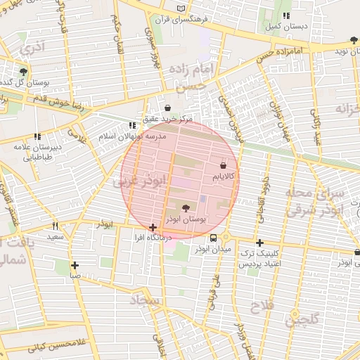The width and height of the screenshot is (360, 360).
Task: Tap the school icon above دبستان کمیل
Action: (285, 15)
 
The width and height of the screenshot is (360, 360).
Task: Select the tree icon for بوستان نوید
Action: (353, 41)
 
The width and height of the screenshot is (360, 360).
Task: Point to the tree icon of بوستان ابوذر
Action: (186, 208)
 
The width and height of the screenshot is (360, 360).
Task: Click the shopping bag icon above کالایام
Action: (224, 167)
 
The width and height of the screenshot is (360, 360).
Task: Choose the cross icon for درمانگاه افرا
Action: (153, 227)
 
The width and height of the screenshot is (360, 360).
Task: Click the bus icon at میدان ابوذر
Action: (214, 237)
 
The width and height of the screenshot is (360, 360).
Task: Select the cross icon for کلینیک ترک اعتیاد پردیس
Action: (259, 242)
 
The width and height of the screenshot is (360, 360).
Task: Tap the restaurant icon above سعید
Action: (56, 226)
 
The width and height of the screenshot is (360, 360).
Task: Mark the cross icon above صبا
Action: (75, 265)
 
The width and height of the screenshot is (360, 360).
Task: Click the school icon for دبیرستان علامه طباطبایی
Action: (37, 137)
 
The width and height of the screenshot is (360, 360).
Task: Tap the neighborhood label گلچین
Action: (302, 321)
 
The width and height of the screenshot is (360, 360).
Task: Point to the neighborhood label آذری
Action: (31, 50)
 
